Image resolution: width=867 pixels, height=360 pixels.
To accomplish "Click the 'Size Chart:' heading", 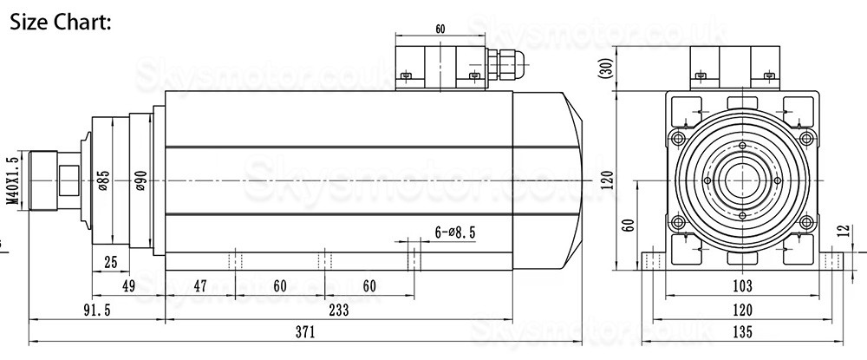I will tap(60, 22).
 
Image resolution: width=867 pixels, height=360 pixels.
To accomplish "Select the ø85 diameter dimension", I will tap(103, 180).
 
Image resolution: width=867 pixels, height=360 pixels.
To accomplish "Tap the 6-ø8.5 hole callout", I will tap(454, 232).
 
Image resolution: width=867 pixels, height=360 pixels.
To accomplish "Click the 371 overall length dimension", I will tap(304, 332).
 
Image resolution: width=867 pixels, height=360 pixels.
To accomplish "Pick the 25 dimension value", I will tap(110, 262).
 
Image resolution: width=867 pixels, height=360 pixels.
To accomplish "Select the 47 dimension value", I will tap(199, 285).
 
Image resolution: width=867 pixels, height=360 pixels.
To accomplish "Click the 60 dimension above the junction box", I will tap(440, 29).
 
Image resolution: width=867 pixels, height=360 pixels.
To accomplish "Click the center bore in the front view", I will tap(742, 180).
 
